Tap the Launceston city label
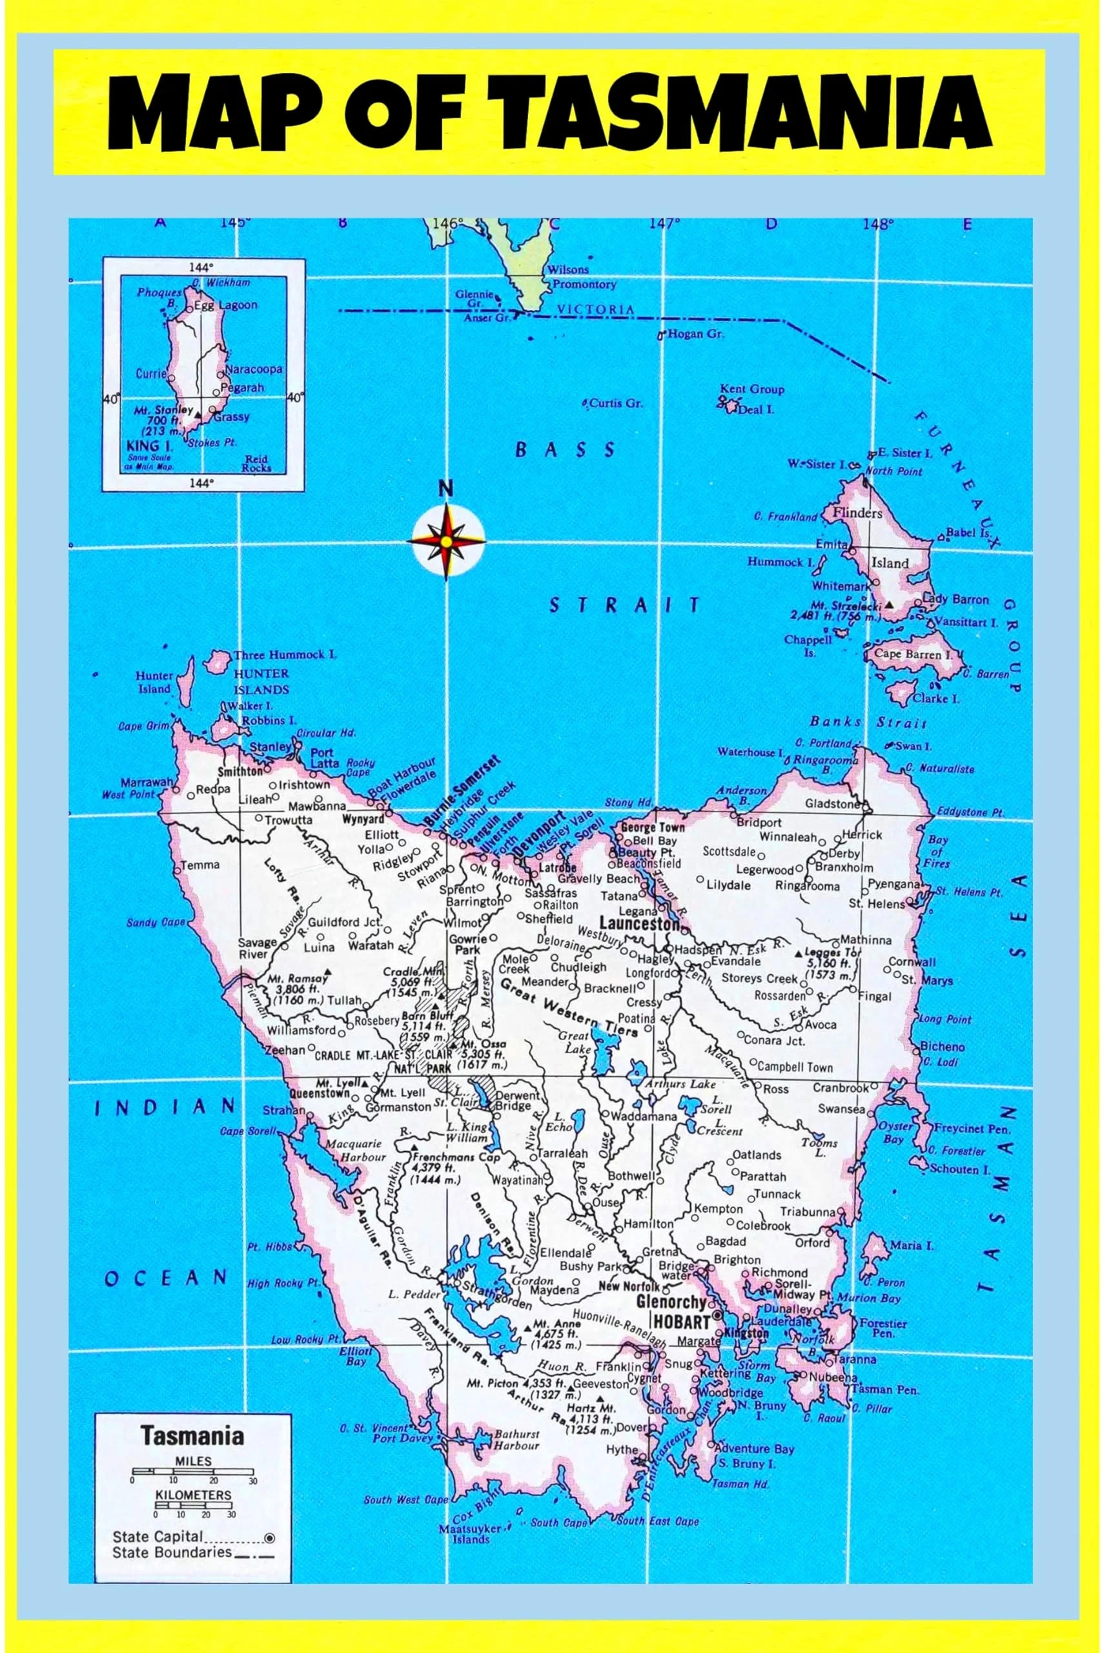tap(640, 924)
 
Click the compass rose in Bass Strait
tap(447, 540)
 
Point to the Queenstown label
tap(325, 1094)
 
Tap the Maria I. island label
tap(911, 1246)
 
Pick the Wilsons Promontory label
tap(582, 278)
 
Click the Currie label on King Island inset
tap(151, 373)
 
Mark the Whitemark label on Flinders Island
tap(841, 586)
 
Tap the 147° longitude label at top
tap(665, 224)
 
